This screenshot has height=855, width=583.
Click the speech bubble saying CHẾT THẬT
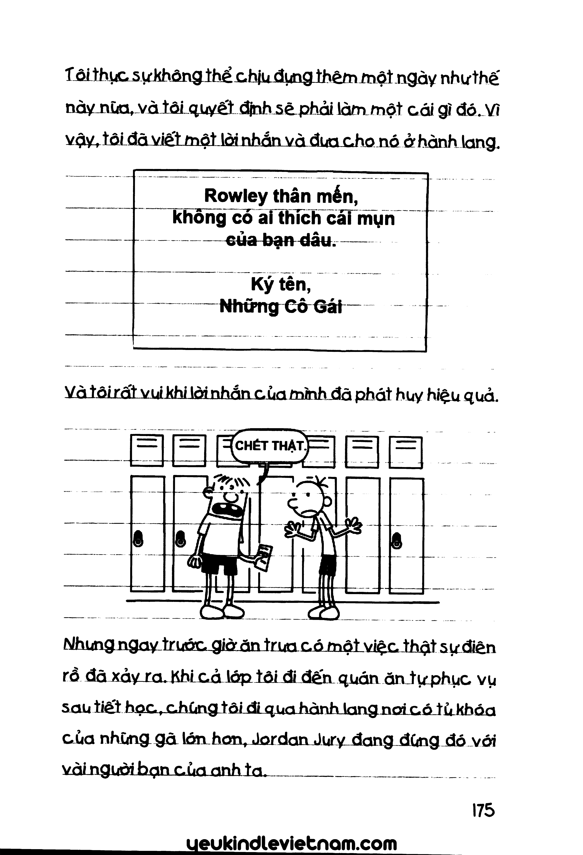click(x=270, y=446)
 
